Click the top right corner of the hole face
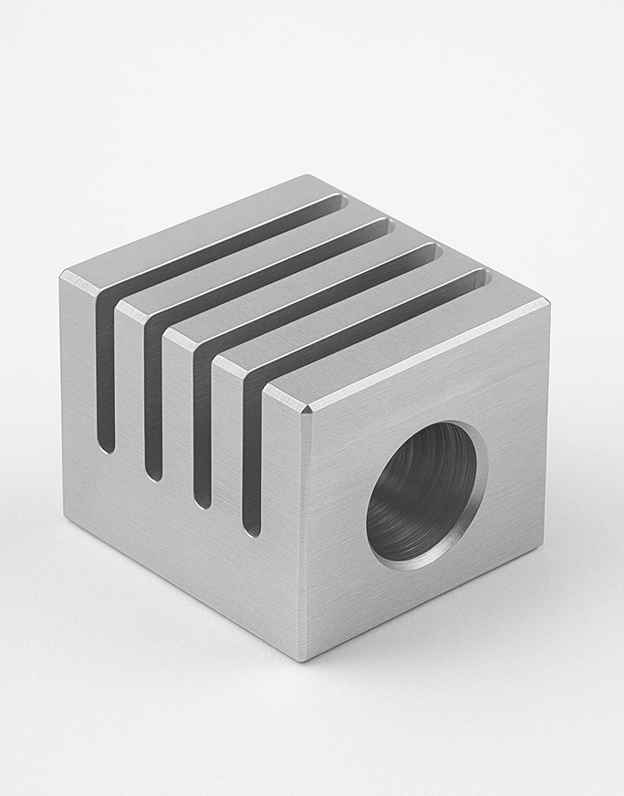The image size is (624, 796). [x=547, y=302]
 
